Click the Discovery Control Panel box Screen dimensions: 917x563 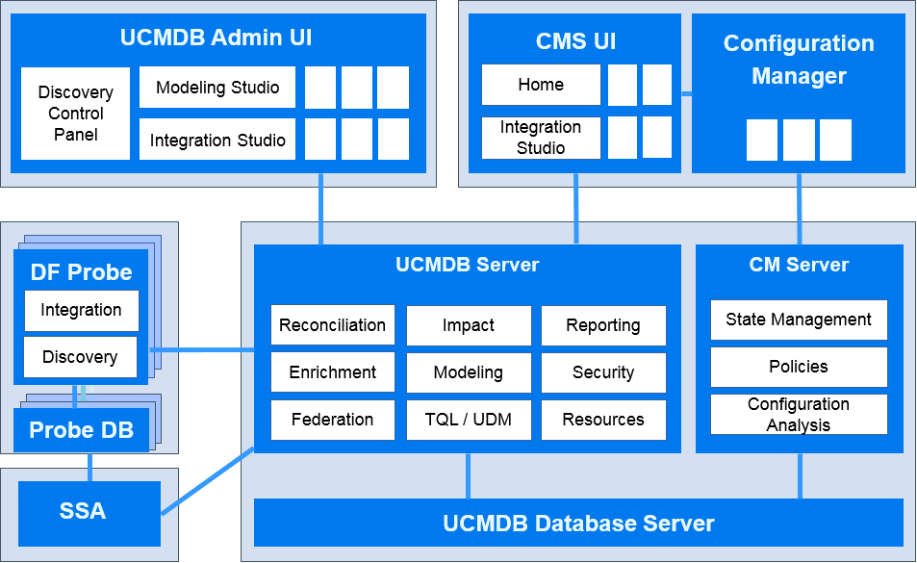coord(75,114)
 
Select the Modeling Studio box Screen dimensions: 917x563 coord(217,88)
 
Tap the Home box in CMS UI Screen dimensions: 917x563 coord(541,85)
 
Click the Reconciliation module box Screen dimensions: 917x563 coord(333,325)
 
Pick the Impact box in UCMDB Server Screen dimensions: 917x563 coord(469,325)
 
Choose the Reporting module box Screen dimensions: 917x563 coord(603,325)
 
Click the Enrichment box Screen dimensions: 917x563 coord(333,372)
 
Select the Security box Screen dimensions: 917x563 coord(603,372)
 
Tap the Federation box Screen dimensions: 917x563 coord(333,420)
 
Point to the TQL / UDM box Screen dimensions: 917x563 coord(469,420)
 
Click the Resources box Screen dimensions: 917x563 coord(603,420)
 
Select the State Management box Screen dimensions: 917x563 coord(799,320)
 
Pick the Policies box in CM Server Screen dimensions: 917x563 coord(799,367)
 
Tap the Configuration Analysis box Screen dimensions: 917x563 coord(799,415)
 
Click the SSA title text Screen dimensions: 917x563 coord(83,511)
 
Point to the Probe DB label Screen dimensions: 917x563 coord(81,430)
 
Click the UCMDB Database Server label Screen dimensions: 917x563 coord(578,524)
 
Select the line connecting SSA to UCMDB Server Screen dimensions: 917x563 coord(208,481)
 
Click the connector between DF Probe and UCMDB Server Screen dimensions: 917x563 coord(202,349)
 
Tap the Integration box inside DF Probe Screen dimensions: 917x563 coord(81,311)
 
